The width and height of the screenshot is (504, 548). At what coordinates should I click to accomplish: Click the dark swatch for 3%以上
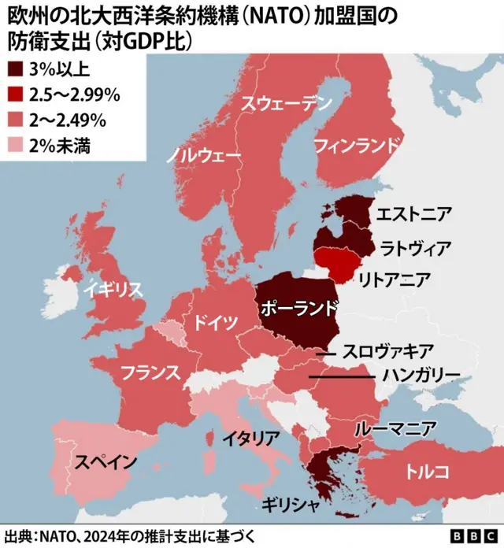(15, 69)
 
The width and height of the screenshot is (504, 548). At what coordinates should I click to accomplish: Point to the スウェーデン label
(286, 102)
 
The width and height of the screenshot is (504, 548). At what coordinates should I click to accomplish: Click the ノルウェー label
(203, 155)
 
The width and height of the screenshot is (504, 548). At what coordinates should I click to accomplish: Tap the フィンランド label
(356, 145)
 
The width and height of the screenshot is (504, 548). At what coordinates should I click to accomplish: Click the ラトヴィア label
(416, 249)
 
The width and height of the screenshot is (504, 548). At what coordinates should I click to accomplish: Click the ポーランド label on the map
(301, 307)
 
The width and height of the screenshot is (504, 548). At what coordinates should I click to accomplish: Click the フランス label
(150, 372)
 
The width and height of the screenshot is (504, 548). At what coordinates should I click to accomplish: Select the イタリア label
(251, 438)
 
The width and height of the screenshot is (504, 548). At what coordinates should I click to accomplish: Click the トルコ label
(428, 472)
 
